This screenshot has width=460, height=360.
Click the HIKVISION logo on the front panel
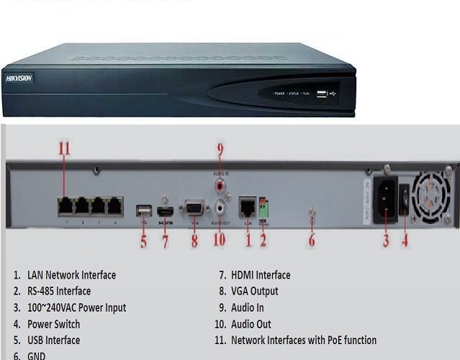[19, 78]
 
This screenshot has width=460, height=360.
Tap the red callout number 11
[65, 148]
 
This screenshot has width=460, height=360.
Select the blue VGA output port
[194, 209]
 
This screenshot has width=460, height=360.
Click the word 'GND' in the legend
[36, 356]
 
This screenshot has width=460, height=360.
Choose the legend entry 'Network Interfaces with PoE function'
[303, 340]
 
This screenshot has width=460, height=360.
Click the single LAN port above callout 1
[247, 207]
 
